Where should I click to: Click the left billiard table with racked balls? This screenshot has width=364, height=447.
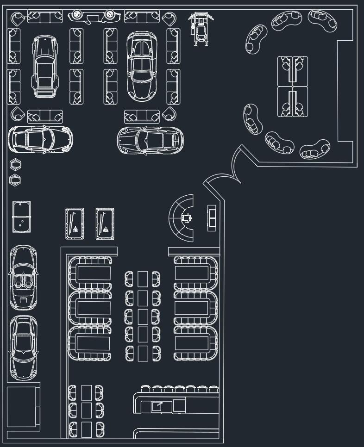click(75, 224)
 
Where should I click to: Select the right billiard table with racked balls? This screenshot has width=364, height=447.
click(105, 224)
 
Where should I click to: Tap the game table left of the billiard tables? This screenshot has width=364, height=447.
click(21, 217)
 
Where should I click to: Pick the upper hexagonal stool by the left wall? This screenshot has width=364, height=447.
click(15, 164)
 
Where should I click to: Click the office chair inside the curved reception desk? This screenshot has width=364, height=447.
click(187, 218)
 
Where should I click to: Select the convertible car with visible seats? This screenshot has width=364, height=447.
click(23, 278)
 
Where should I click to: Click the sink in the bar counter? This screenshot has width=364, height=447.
click(157, 406)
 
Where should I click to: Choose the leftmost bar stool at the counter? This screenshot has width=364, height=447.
click(146, 389)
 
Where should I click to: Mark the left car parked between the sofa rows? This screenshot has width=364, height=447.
click(44, 67)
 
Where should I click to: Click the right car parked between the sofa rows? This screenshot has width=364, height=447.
click(142, 66)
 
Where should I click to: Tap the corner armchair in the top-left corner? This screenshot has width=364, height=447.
click(18, 19)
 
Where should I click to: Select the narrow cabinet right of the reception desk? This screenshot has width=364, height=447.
click(212, 217)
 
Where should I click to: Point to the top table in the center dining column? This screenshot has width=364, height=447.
click(143, 279)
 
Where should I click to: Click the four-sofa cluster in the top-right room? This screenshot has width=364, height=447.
click(293, 87)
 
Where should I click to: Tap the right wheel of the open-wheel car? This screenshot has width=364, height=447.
click(110, 15)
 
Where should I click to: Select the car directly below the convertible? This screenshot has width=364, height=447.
click(23, 347)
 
